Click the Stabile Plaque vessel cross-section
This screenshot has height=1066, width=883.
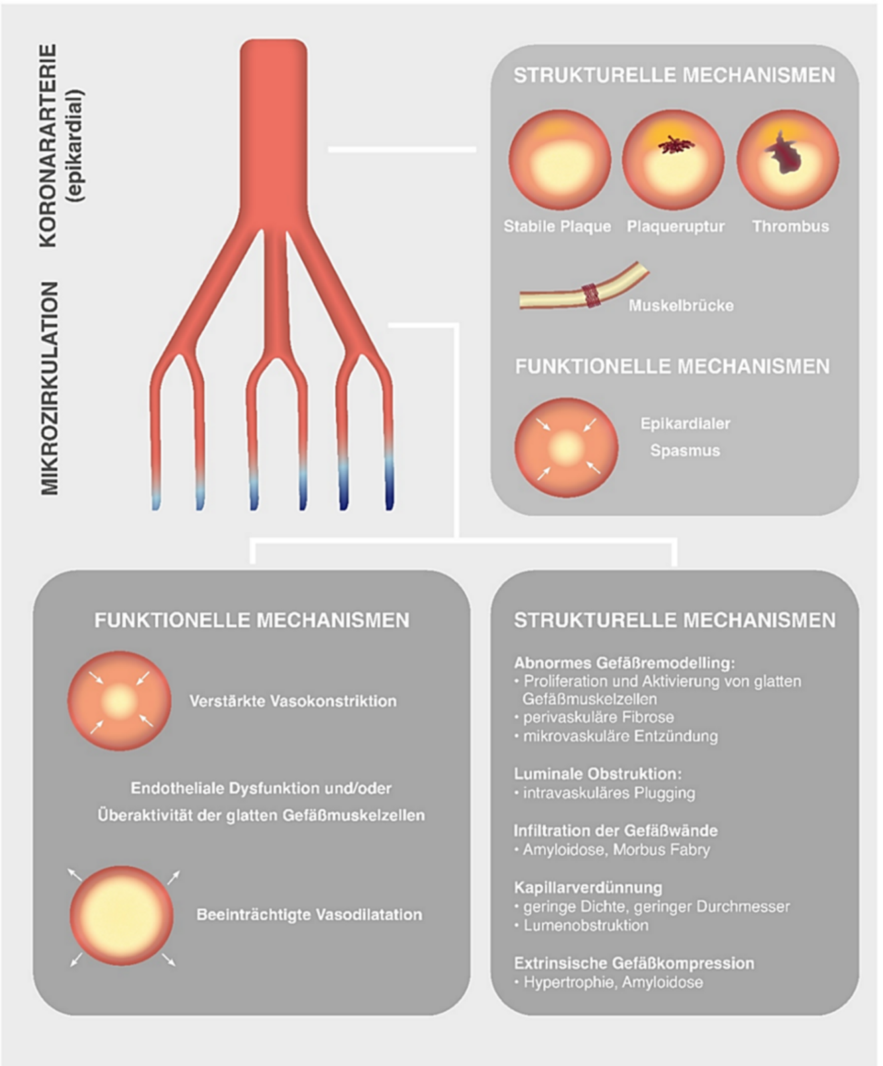[x=560, y=161]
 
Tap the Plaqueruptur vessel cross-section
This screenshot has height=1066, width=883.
[x=674, y=161]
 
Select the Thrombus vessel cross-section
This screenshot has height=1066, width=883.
[x=788, y=161]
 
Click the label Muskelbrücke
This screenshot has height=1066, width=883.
[x=681, y=306]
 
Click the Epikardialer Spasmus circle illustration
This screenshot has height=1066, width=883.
[x=566, y=447]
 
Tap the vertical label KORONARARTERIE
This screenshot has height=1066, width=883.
[x=48, y=146]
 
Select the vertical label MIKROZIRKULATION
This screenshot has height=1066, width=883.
[x=50, y=388]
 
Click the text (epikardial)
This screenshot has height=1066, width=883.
[x=76, y=146]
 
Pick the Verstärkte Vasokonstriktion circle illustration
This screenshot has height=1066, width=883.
[x=119, y=701]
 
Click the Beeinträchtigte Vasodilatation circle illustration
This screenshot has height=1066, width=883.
[x=122, y=915]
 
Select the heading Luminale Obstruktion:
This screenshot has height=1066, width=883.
[x=597, y=774]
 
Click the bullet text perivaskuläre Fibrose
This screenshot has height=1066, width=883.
[x=598, y=718]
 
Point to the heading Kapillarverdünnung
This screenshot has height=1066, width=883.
[x=588, y=887]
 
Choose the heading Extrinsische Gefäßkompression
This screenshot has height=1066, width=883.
[x=633, y=963]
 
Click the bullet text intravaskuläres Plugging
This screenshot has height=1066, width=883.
[x=609, y=793]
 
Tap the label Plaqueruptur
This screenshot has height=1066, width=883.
[x=676, y=227]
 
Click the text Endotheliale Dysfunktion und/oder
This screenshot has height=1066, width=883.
[x=261, y=788]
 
